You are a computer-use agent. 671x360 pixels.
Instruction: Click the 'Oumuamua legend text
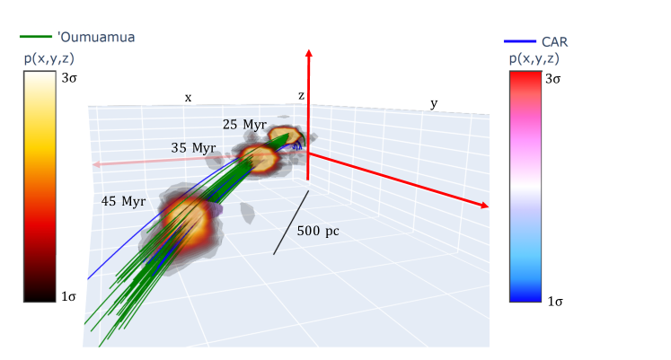[96, 37]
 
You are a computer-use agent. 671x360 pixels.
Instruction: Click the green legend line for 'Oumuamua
[36, 37]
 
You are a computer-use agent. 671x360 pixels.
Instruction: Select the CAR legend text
[554, 42]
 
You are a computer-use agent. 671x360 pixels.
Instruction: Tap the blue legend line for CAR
[520, 41]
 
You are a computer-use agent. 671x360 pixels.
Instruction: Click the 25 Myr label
[245, 125]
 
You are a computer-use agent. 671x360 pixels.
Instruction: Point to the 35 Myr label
[193, 148]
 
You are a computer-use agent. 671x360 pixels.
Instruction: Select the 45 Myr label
[123, 201]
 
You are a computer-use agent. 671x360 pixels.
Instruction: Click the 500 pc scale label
[318, 231]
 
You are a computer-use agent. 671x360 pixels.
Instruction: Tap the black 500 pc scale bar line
[291, 223]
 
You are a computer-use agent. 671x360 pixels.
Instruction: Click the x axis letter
[188, 98]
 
